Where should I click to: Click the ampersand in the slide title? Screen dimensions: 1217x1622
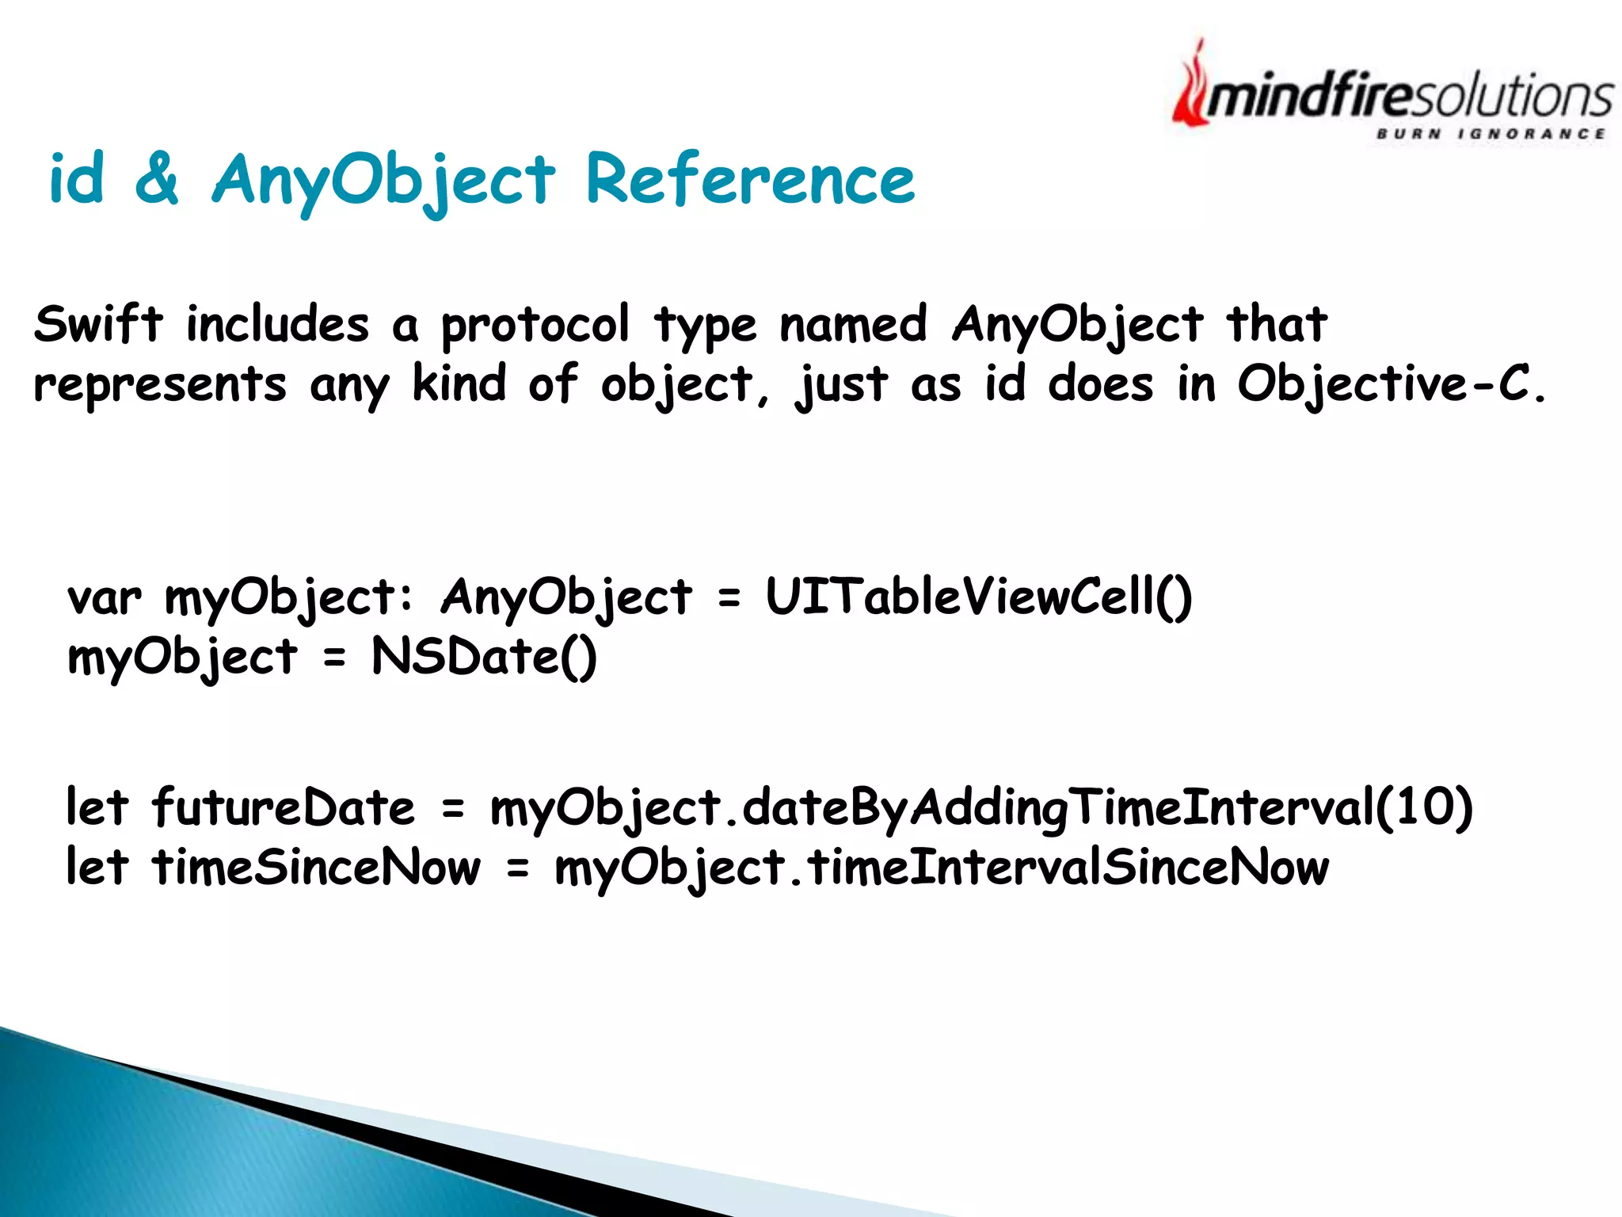[157, 178]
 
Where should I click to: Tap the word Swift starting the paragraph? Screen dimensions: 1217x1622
[98, 324]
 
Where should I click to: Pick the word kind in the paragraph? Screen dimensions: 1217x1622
[459, 383]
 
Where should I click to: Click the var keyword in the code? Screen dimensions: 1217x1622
[104, 597]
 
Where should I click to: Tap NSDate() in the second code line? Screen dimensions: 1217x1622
[484, 657]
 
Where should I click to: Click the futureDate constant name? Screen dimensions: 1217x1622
[283, 808]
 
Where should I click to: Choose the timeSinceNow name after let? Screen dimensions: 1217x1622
[316, 868]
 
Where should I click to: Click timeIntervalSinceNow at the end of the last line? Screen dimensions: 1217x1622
[1068, 868]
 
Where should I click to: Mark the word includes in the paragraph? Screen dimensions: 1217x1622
[277, 324]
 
